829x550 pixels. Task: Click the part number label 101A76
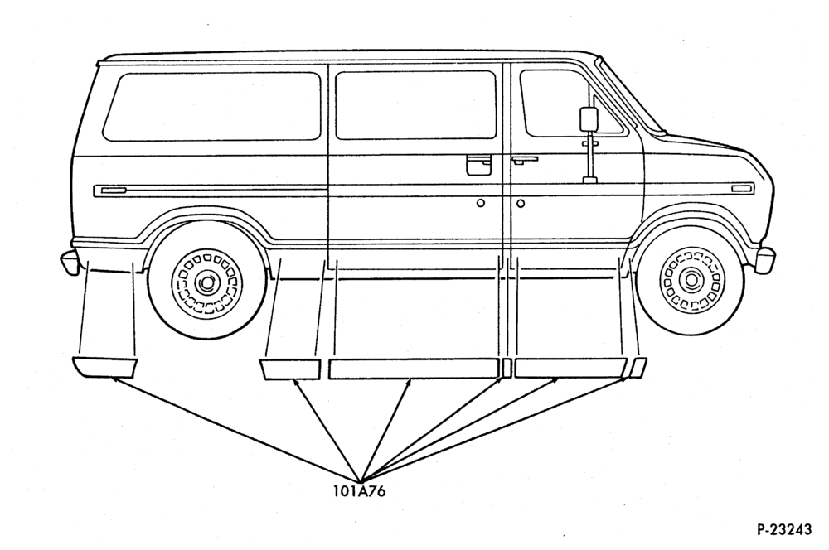(x=359, y=491)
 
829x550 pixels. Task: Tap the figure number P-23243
(x=784, y=529)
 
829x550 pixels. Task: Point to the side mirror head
(x=589, y=119)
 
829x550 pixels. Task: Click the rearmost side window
(x=212, y=107)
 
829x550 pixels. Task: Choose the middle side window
(x=415, y=106)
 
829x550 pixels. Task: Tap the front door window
(x=569, y=104)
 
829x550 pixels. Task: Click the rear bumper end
(x=68, y=263)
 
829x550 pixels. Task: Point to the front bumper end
(x=764, y=260)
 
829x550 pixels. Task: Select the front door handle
(x=525, y=159)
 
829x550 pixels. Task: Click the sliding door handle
(x=478, y=164)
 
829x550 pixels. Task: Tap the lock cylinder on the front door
(x=521, y=203)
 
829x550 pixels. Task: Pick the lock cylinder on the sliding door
(x=481, y=203)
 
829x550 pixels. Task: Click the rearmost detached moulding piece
(x=104, y=367)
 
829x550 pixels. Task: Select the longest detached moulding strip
(x=414, y=369)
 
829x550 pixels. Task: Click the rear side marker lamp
(x=114, y=190)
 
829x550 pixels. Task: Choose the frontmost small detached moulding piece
(x=639, y=367)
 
